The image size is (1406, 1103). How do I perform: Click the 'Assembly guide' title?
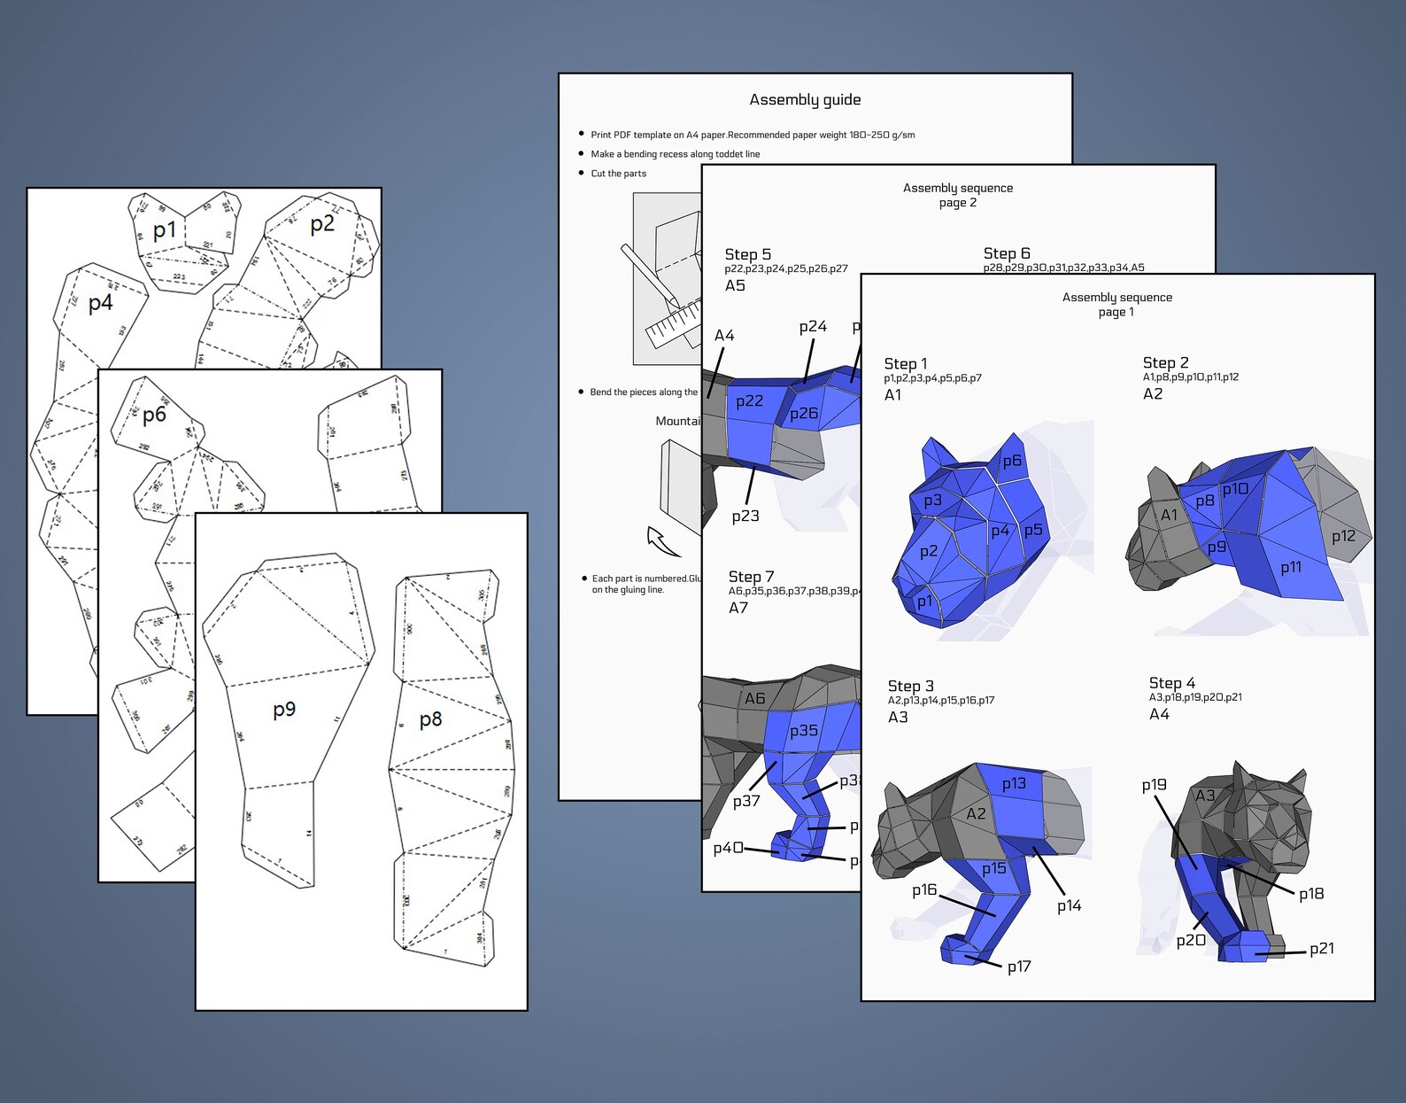pos(805,100)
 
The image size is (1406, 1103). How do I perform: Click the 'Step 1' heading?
pos(905,363)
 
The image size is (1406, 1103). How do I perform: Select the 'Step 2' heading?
pos(1165,362)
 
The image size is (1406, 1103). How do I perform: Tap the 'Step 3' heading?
pos(910,686)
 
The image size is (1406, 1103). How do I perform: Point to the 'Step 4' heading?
pos(1171,683)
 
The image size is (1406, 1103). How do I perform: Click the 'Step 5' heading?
pos(747,254)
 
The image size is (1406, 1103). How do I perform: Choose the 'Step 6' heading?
pos(1007,253)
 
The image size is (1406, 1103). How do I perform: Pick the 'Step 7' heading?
pos(751,577)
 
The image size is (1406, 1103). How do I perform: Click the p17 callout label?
pos(1018,967)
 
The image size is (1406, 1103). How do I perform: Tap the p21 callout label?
pos(1321,948)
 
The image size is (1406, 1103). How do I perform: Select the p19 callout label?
pos(1154,785)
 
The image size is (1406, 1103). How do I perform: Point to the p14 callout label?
pos(1069,905)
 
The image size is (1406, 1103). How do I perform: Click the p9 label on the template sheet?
pos(284,710)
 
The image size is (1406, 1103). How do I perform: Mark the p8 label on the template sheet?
pos(430,719)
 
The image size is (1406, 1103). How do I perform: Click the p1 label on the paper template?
pos(165,231)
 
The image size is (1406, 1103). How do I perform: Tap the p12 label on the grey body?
pos(1343,536)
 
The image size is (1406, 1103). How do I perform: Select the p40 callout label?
pos(728,848)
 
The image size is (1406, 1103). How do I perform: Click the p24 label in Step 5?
pos(812,327)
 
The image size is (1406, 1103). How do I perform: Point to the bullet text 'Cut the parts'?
pos(618,174)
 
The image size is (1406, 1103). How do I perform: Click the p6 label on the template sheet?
pos(154,415)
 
